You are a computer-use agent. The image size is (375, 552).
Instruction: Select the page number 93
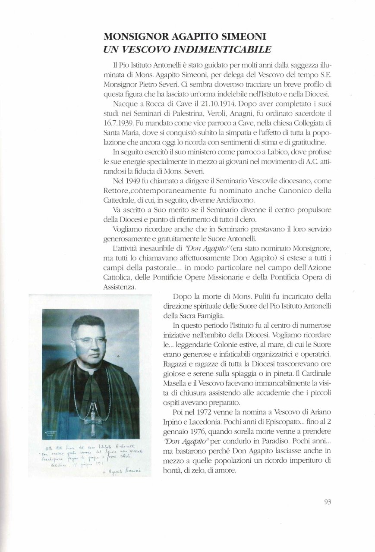pyautogui.click(x=327, y=502)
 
